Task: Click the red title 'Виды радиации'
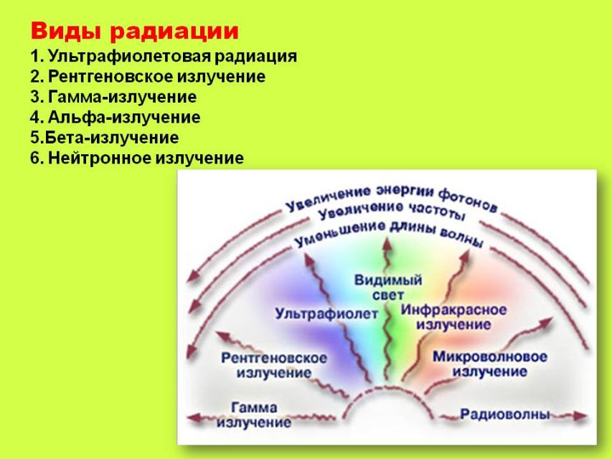point(134,32)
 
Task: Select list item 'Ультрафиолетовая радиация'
point(172,56)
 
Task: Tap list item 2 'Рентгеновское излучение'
point(156,76)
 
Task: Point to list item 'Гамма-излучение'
point(122,97)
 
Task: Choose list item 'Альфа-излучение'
point(124,117)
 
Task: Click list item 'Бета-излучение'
point(112,138)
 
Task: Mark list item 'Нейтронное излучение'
point(146,158)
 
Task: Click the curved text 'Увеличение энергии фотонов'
point(391,198)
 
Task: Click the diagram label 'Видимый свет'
point(388,288)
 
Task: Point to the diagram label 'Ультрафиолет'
point(326,313)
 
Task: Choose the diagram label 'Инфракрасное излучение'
point(453,317)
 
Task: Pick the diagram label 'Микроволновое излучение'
point(490,364)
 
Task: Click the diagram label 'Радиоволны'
point(505,414)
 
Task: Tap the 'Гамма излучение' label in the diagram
point(254,415)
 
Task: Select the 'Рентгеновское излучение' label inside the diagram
point(274,365)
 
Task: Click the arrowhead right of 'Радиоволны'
point(580,416)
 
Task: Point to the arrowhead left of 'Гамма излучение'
point(194,418)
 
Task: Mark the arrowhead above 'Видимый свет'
point(387,244)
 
